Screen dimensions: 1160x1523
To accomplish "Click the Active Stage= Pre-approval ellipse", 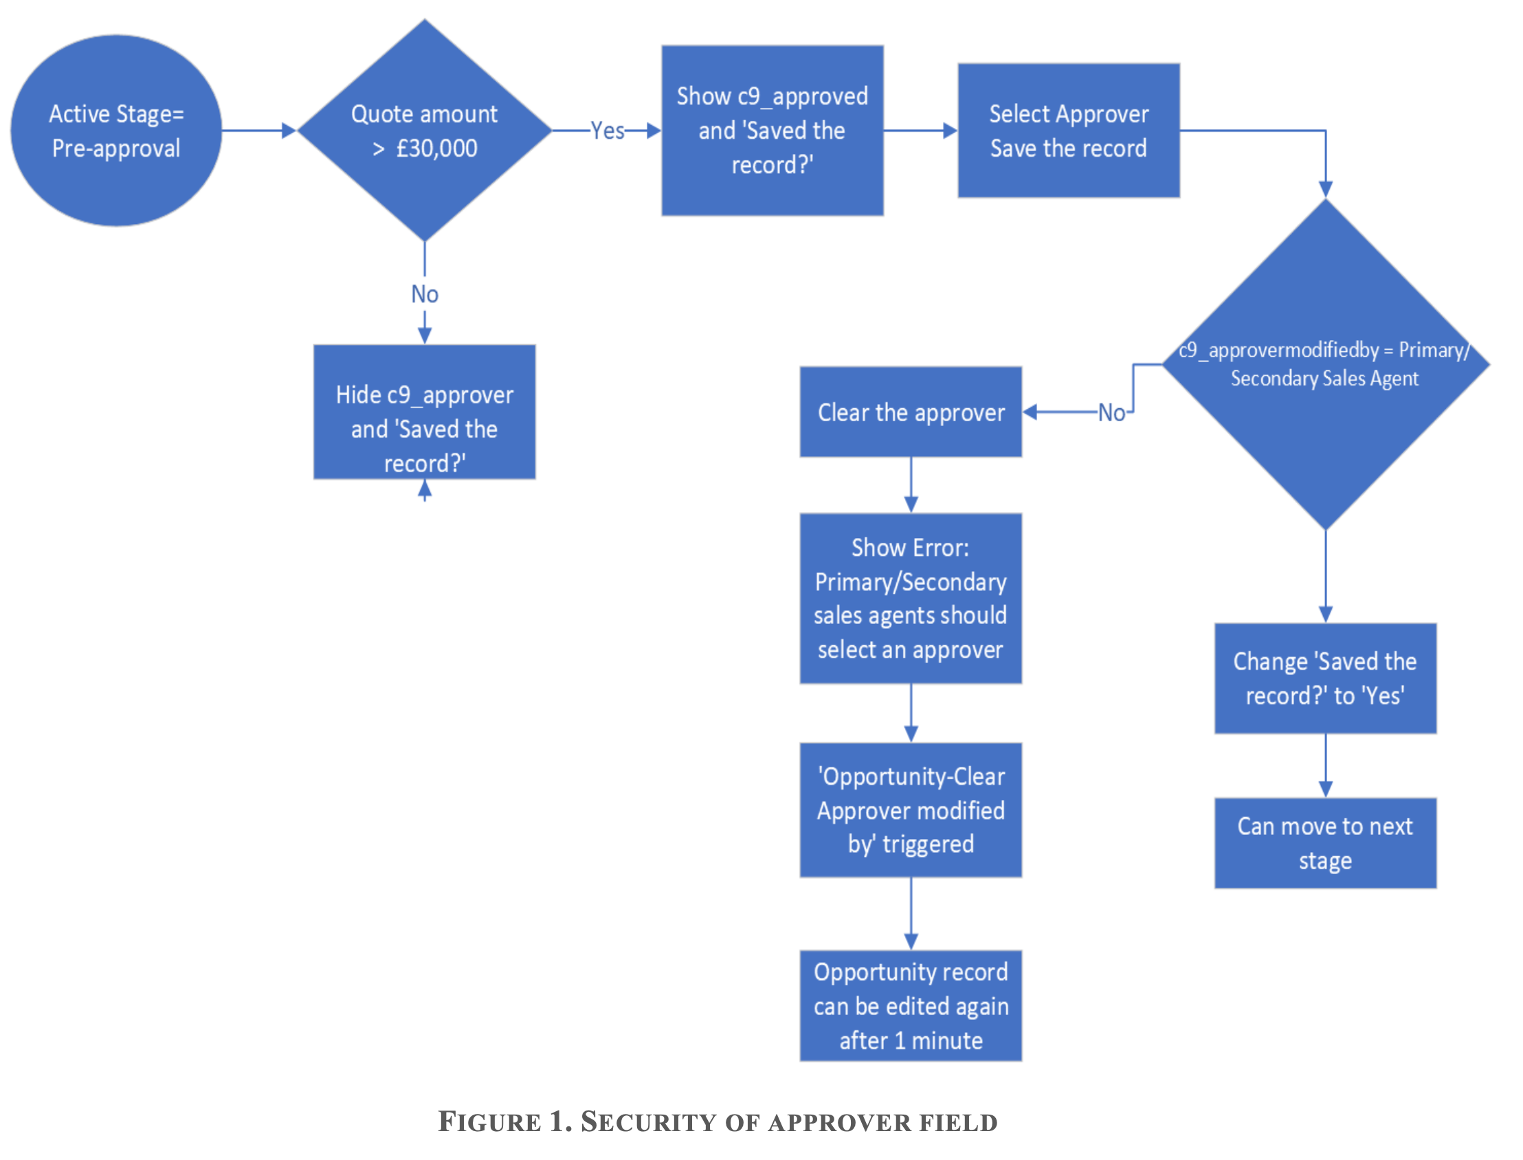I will coord(116,131).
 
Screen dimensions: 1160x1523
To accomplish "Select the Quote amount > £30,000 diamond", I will coord(424,131).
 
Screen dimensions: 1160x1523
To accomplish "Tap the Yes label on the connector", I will coord(607,131).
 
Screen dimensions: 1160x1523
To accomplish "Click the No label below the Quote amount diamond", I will coord(424,294).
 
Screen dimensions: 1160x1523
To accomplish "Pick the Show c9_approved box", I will coord(771,131).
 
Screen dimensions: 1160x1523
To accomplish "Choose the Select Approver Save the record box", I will coord(1067,131).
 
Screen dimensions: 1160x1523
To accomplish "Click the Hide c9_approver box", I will coord(424,412).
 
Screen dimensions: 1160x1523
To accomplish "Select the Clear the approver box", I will coord(910,412).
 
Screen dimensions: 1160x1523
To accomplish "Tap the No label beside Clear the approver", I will coord(1111,413).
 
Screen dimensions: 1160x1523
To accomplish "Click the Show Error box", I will coord(910,598).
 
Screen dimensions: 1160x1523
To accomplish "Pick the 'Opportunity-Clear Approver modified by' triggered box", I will coord(910,810).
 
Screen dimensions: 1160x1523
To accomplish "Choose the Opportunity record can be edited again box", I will coord(910,1005).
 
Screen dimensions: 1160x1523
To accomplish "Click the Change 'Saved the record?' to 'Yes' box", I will coord(1324,678).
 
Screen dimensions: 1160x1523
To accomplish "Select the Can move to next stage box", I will coord(1324,843).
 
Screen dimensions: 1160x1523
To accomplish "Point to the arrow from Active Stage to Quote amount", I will coord(258,131).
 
